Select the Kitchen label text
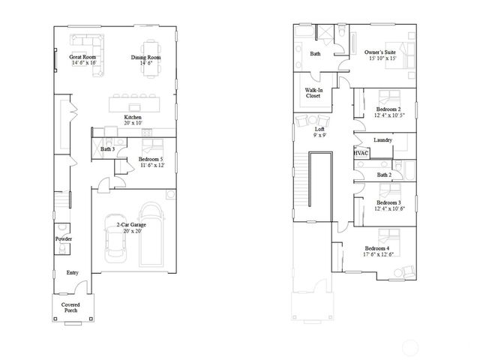(133, 118)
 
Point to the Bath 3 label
(107, 149)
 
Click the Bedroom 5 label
(151, 159)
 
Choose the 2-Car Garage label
(127, 224)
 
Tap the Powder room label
(64, 239)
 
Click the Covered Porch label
(70, 307)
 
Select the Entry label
(72, 272)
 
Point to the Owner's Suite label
(380, 52)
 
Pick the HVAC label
(361, 152)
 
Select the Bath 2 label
(384, 175)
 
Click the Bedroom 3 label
(388, 202)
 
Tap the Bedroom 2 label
(388, 109)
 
